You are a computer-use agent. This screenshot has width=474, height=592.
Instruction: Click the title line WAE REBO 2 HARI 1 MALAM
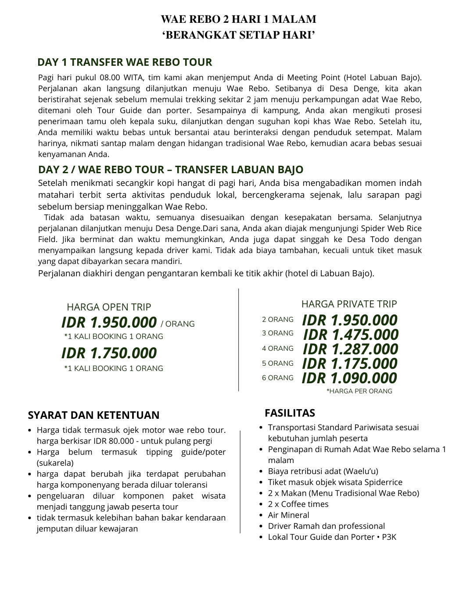tap(238, 19)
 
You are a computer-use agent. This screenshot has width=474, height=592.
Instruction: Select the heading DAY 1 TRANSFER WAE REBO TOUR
tap(125, 62)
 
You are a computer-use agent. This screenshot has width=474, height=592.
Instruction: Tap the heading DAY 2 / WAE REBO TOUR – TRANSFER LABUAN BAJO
tap(171, 170)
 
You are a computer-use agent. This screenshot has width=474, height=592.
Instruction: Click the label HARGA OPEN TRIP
tap(109, 307)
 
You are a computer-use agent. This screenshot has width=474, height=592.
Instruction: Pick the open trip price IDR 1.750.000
tap(109, 353)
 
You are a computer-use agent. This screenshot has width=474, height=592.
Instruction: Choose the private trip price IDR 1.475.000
tap(351, 335)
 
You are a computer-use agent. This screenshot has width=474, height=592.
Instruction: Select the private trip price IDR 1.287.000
tap(350, 349)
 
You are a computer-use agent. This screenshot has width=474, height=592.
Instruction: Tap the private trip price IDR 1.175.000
tap(350, 364)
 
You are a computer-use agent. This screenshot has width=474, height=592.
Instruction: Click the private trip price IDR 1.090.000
tap(349, 378)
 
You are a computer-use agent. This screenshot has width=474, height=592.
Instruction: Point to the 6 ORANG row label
tap(277, 378)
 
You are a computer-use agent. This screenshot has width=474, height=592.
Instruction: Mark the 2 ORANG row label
tap(277, 320)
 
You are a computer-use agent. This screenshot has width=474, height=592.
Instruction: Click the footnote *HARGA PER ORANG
tap(359, 391)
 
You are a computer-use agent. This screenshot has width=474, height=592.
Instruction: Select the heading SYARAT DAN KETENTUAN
tap(93, 415)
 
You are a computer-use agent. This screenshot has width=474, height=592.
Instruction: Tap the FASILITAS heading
tap(290, 413)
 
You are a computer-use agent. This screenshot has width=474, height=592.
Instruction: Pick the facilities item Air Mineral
tap(288, 515)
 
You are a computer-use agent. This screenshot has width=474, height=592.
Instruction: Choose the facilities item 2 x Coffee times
tap(298, 504)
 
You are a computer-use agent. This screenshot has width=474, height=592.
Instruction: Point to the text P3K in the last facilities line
tap(389, 537)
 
